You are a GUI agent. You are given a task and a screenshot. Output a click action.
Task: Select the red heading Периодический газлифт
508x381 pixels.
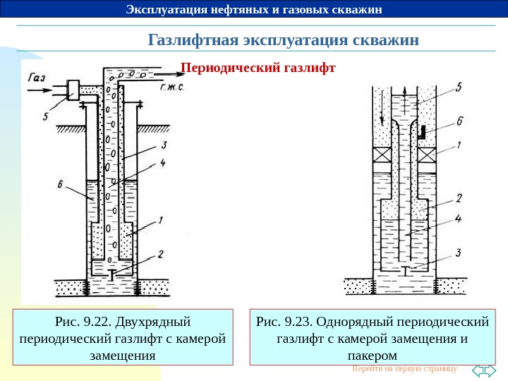tap(257, 69)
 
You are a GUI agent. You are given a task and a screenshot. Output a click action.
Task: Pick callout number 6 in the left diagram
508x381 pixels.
tap(61, 184)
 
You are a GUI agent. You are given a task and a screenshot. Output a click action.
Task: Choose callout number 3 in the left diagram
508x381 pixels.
tap(163, 145)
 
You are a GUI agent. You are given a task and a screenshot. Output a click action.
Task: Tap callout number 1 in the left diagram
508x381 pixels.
tap(160, 221)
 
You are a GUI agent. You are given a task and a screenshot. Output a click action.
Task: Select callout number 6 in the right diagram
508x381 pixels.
tap(459, 121)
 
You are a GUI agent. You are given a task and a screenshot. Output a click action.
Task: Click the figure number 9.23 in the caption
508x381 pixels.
tap(297, 322)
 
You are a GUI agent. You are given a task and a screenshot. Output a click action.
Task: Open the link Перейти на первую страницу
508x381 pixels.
tap(404, 369)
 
